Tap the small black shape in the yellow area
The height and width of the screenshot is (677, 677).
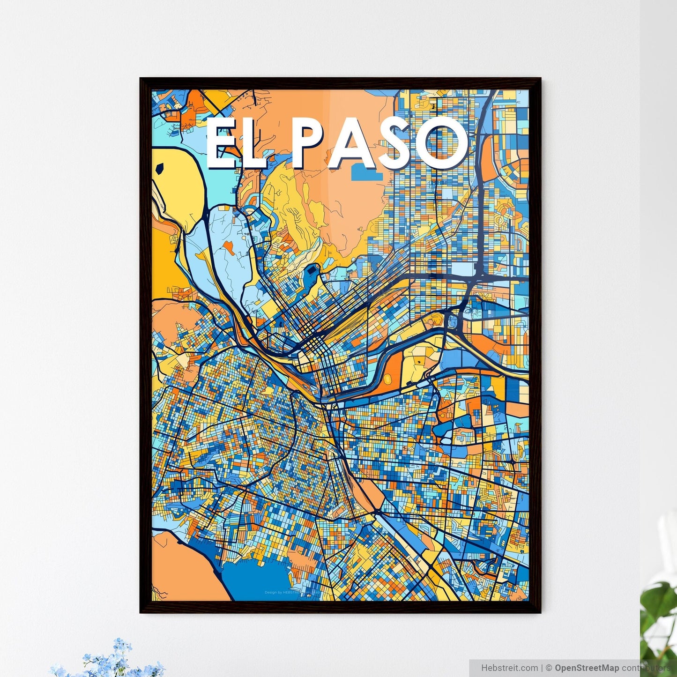coord(160,167)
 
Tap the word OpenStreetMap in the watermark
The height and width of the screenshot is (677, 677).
coord(587,668)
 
